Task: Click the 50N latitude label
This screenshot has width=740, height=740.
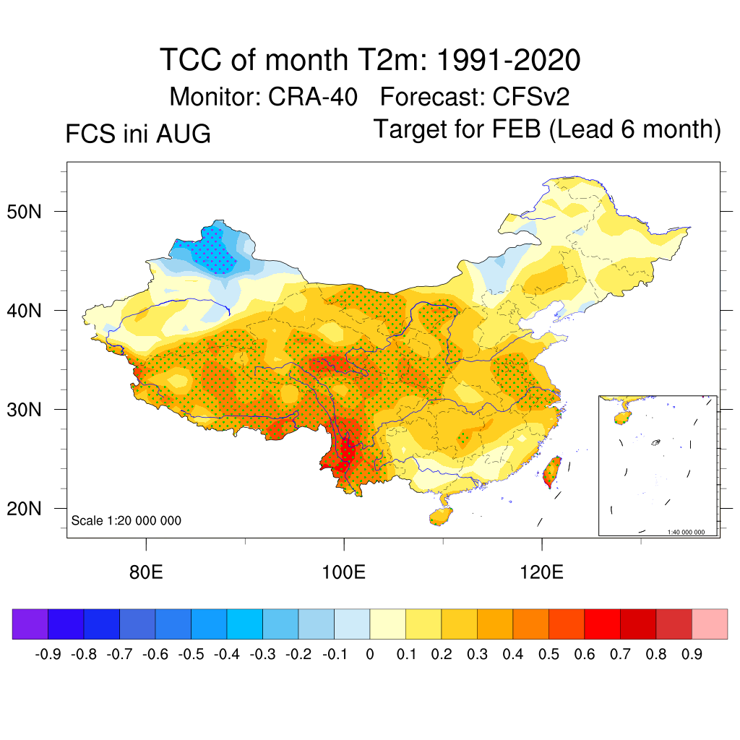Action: tap(24, 212)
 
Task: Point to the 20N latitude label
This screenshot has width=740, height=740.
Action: tap(24, 509)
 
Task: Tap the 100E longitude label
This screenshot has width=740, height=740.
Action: tap(343, 572)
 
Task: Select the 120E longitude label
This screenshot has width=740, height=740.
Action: tap(541, 572)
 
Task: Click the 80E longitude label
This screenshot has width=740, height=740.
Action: tap(146, 572)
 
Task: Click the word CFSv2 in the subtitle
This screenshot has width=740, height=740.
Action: tap(531, 98)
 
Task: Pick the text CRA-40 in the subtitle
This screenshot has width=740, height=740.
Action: tap(312, 98)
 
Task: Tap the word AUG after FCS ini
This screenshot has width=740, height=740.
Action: tap(183, 134)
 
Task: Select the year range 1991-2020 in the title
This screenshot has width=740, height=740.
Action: tap(508, 60)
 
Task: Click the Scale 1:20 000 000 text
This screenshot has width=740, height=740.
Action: tap(126, 520)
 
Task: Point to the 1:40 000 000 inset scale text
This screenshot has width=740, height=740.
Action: tap(686, 532)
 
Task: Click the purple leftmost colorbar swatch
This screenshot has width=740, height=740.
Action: tap(30, 624)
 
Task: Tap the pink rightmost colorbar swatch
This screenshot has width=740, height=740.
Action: tap(710, 624)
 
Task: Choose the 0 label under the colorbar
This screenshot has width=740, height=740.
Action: tap(370, 654)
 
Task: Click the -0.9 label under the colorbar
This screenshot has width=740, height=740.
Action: tap(48, 654)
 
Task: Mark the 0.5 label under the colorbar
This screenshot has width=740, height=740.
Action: tap(548, 654)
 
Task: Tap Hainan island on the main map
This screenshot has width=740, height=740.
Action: tap(441, 516)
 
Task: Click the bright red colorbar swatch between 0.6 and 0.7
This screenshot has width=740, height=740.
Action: tap(602, 624)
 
